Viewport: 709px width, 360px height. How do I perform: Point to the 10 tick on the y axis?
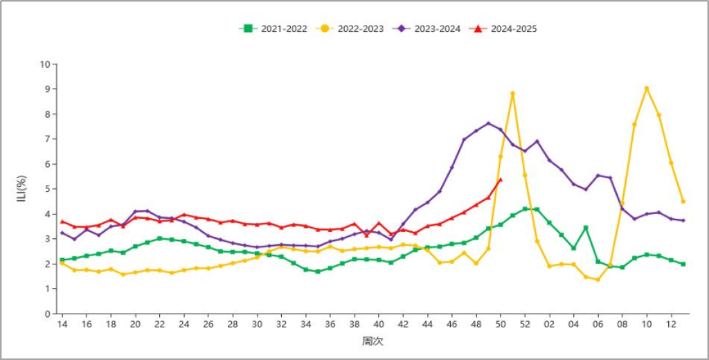[46, 64]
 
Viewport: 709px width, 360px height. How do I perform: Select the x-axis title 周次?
[372, 341]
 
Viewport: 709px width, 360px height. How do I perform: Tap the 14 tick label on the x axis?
[62, 324]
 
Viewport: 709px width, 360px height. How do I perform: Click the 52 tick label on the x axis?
[525, 324]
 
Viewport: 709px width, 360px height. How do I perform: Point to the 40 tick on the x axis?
[379, 324]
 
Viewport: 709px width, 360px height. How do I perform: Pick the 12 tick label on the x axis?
[671, 324]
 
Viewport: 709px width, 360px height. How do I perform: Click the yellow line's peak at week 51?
[512, 93]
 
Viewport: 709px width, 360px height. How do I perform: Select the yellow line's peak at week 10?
[647, 89]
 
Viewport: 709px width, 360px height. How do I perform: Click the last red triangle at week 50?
[501, 180]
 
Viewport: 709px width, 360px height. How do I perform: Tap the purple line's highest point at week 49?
[488, 123]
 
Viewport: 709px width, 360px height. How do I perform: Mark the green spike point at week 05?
[586, 227]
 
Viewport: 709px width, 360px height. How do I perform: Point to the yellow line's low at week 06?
[598, 280]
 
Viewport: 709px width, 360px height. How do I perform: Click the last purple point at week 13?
[683, 220]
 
